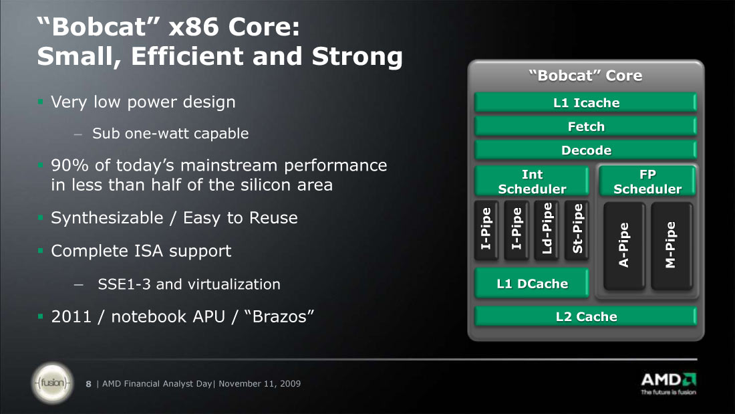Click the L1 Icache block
pos(585,102)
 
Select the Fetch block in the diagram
pos(585,126)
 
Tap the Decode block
pos(585,150)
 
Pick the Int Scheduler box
pos(532,181)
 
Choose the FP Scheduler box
pos(647,181)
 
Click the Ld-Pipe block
pos(547,230)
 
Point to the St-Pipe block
pos(577,230)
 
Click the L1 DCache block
pos(532,284)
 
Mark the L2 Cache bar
pos(585,316)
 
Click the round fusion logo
pos(53,383)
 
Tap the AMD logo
pos(668,383)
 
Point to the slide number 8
pos(88,384)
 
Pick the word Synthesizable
pos(106,218)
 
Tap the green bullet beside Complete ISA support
pos(40,251)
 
